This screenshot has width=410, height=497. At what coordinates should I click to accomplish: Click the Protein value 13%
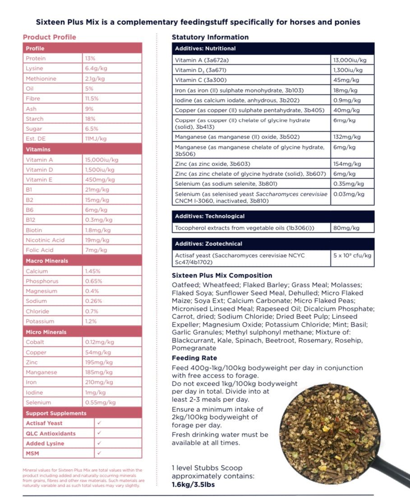point(90,59)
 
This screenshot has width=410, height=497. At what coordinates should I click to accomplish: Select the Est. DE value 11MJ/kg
point(96,138)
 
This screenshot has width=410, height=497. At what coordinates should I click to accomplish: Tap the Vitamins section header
point(38,149)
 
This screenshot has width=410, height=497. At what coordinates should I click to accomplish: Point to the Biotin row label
point(34,230)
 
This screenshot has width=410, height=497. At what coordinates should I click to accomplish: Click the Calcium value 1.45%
point(92,271)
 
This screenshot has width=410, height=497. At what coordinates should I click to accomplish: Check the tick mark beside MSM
point(99,453)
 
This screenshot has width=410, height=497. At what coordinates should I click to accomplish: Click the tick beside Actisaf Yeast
point(99,423)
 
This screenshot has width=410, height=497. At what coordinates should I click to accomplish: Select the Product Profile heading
point(50,37)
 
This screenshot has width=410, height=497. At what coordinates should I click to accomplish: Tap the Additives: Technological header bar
point(210,216)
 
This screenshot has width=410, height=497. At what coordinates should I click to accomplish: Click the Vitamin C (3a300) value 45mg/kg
point(346,80)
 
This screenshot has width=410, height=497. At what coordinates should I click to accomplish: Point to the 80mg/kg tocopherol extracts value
point(346,228)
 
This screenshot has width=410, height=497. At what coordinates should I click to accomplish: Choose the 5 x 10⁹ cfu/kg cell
point(352,255)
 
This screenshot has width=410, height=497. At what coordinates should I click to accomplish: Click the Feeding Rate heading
point(194,358)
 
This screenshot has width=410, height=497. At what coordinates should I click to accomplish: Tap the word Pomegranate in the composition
point(193,348)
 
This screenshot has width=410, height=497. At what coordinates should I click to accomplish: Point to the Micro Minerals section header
point(46,332)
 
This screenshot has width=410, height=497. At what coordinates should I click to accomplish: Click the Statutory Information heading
point(210,37)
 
